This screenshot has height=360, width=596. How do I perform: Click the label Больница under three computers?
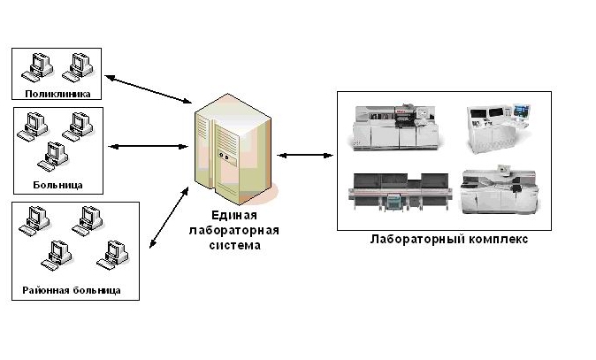pos(57,184)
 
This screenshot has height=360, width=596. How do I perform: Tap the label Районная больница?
pos(72,289)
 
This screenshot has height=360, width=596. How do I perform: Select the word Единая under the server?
pos(234,215)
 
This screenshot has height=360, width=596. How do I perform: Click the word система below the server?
pos(234,245)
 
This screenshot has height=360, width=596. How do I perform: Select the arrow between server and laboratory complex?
pos(305,156)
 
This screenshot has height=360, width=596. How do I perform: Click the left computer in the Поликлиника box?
pos(39,65)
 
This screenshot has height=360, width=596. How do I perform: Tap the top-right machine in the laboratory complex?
pos(499,123)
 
